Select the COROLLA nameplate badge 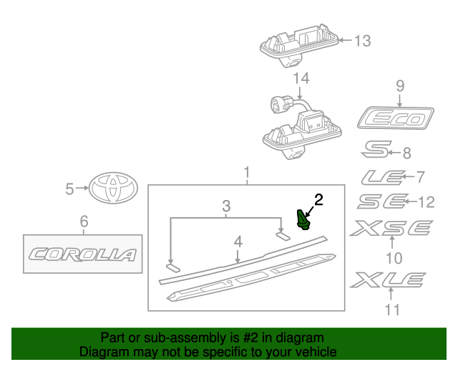82,254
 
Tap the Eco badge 396,118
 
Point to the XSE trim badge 391,229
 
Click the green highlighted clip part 303,219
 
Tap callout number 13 363,41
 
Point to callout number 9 400,87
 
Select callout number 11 391,310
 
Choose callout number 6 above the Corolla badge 84,221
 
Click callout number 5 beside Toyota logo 69,189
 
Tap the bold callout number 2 318,199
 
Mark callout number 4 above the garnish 238,242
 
